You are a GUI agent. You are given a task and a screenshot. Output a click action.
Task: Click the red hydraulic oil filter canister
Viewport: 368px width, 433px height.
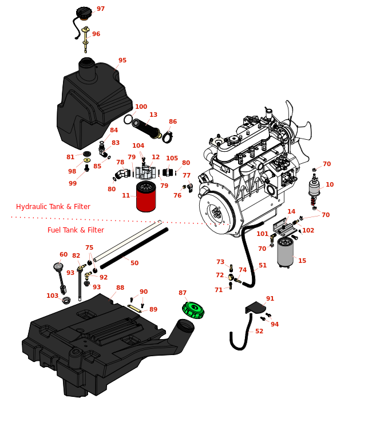(x=146, y=198)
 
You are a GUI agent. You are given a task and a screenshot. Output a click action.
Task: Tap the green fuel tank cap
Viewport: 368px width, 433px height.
(x=193, y=310)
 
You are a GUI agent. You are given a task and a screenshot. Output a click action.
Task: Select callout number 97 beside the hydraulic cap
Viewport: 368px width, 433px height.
(x=101, y=9)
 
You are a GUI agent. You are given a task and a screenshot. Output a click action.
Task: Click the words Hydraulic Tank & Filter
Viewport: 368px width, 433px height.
(x=53, y=207)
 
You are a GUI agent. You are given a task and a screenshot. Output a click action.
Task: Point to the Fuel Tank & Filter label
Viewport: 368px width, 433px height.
(x=76, y=230)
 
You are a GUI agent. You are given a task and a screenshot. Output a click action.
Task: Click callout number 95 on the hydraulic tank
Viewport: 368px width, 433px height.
(x=122, y=61)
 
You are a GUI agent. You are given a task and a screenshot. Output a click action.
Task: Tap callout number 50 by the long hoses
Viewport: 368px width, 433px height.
(x=134, y=263)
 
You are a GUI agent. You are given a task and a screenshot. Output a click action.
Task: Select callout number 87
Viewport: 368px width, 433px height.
(x=183, y=293)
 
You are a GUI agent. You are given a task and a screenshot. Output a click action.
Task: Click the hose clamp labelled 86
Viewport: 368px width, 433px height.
(x=168, y=137)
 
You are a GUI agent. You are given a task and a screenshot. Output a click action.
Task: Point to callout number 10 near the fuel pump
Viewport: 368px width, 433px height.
(x=330, y=185)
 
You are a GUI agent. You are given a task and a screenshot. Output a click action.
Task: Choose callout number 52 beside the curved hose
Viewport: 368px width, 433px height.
(x=259, y=331)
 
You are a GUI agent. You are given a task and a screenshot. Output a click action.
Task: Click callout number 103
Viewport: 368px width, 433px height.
(x=52, y=296)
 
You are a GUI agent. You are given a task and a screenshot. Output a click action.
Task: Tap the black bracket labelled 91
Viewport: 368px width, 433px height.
(x=255, y=308)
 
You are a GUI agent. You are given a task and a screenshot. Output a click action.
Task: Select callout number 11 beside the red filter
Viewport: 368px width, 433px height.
(x=126, y=195)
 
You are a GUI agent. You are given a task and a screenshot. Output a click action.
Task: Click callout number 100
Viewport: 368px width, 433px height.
(x=141, y=107)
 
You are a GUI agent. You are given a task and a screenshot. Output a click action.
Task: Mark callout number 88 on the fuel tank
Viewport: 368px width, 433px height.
(x=120, y=288)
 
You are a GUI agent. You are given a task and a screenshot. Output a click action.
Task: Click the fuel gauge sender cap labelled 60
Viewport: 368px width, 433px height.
(x=57, y=266)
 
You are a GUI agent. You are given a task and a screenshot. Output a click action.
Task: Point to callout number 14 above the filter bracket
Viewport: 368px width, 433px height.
(x=291, y=212)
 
